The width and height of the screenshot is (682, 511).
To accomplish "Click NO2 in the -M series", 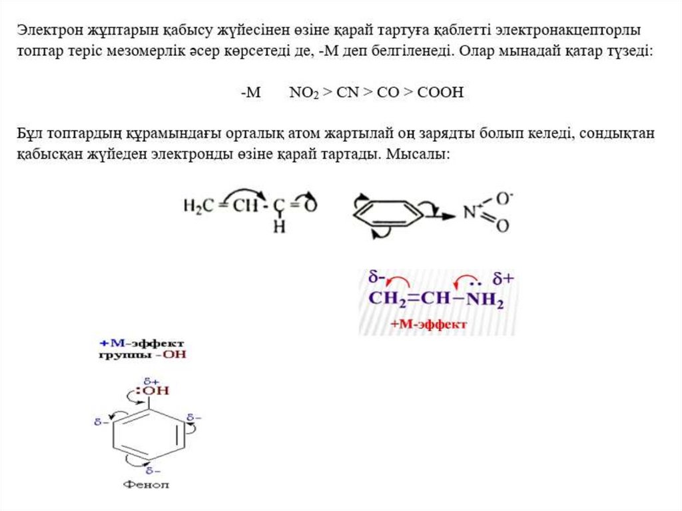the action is point(304,93).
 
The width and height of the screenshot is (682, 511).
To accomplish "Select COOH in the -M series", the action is point(440,93).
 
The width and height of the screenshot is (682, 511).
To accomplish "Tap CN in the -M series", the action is point(348,93).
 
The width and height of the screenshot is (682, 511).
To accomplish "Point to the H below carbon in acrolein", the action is point(280,227).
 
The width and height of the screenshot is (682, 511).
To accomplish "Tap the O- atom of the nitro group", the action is point(504,198).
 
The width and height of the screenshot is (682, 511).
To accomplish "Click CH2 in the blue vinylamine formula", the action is point(383,298).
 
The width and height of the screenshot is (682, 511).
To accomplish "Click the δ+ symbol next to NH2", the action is point(504,278).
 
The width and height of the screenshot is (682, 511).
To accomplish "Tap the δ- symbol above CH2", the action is point(378,276).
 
